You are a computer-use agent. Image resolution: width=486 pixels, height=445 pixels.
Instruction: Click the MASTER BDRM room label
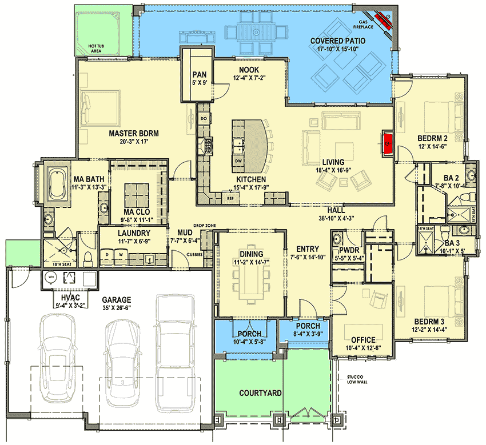coord(133,133)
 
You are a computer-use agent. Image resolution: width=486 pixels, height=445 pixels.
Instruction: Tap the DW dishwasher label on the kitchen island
coord(239,161)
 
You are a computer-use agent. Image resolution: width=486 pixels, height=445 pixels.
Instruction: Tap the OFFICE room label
coord(363,340)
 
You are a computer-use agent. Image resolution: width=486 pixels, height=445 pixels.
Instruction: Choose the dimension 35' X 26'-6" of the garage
coord(117,309)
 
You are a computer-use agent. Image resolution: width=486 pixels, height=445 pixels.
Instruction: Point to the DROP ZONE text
coord(204,226)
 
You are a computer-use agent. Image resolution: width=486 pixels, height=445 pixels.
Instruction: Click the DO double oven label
coord(203,118)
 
